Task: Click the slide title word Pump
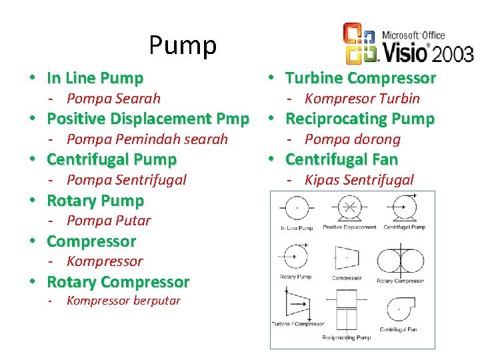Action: point(183,45)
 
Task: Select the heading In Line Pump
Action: point(95,78)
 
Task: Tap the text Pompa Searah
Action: point(113,99)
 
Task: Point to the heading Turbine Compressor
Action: point(360,78)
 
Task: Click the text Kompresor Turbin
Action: point(362,99)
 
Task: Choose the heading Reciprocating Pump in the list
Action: point(359,119)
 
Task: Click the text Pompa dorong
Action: point(352,139)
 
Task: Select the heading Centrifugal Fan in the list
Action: point(341,159)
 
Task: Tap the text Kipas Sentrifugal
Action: point(359,180)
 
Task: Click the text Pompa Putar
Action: point(109,221)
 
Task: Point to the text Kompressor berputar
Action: point(123,301)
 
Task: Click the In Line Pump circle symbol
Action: point(296,209)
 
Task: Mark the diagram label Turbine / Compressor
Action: point(297,325)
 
